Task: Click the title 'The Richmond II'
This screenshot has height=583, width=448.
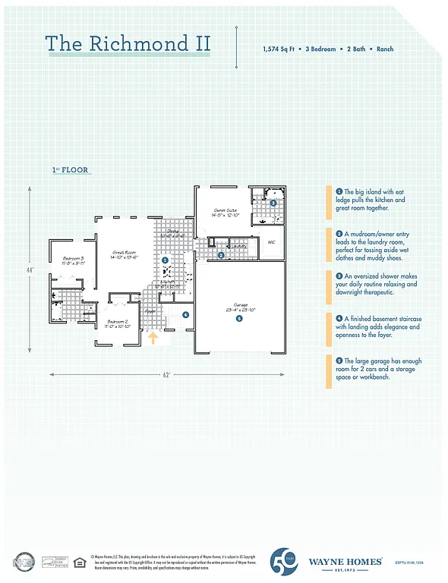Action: coord(128,43)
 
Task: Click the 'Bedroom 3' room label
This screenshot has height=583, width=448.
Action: coord(74,260)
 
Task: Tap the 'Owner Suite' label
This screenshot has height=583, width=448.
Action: coord(226,210)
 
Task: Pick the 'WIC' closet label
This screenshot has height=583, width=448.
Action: coord(271,242)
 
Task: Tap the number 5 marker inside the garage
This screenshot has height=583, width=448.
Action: coord(238,319)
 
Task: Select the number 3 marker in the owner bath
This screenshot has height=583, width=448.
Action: coord(273,203)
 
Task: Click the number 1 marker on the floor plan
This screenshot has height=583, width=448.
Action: coord(166,260)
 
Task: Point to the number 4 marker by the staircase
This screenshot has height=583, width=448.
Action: coord(185,314)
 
